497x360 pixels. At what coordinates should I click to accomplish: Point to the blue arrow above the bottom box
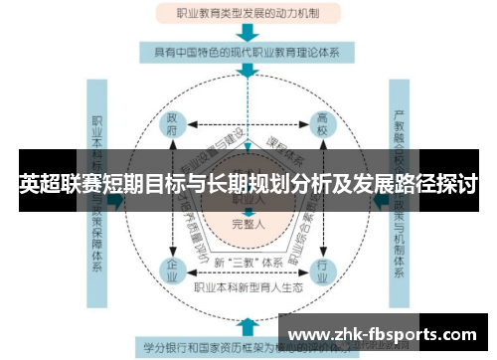click(x=247, y=325)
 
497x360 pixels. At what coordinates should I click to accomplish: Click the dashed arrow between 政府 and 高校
click(x=248, y=125)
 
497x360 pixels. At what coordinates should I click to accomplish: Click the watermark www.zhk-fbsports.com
click(x=386, y=333)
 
